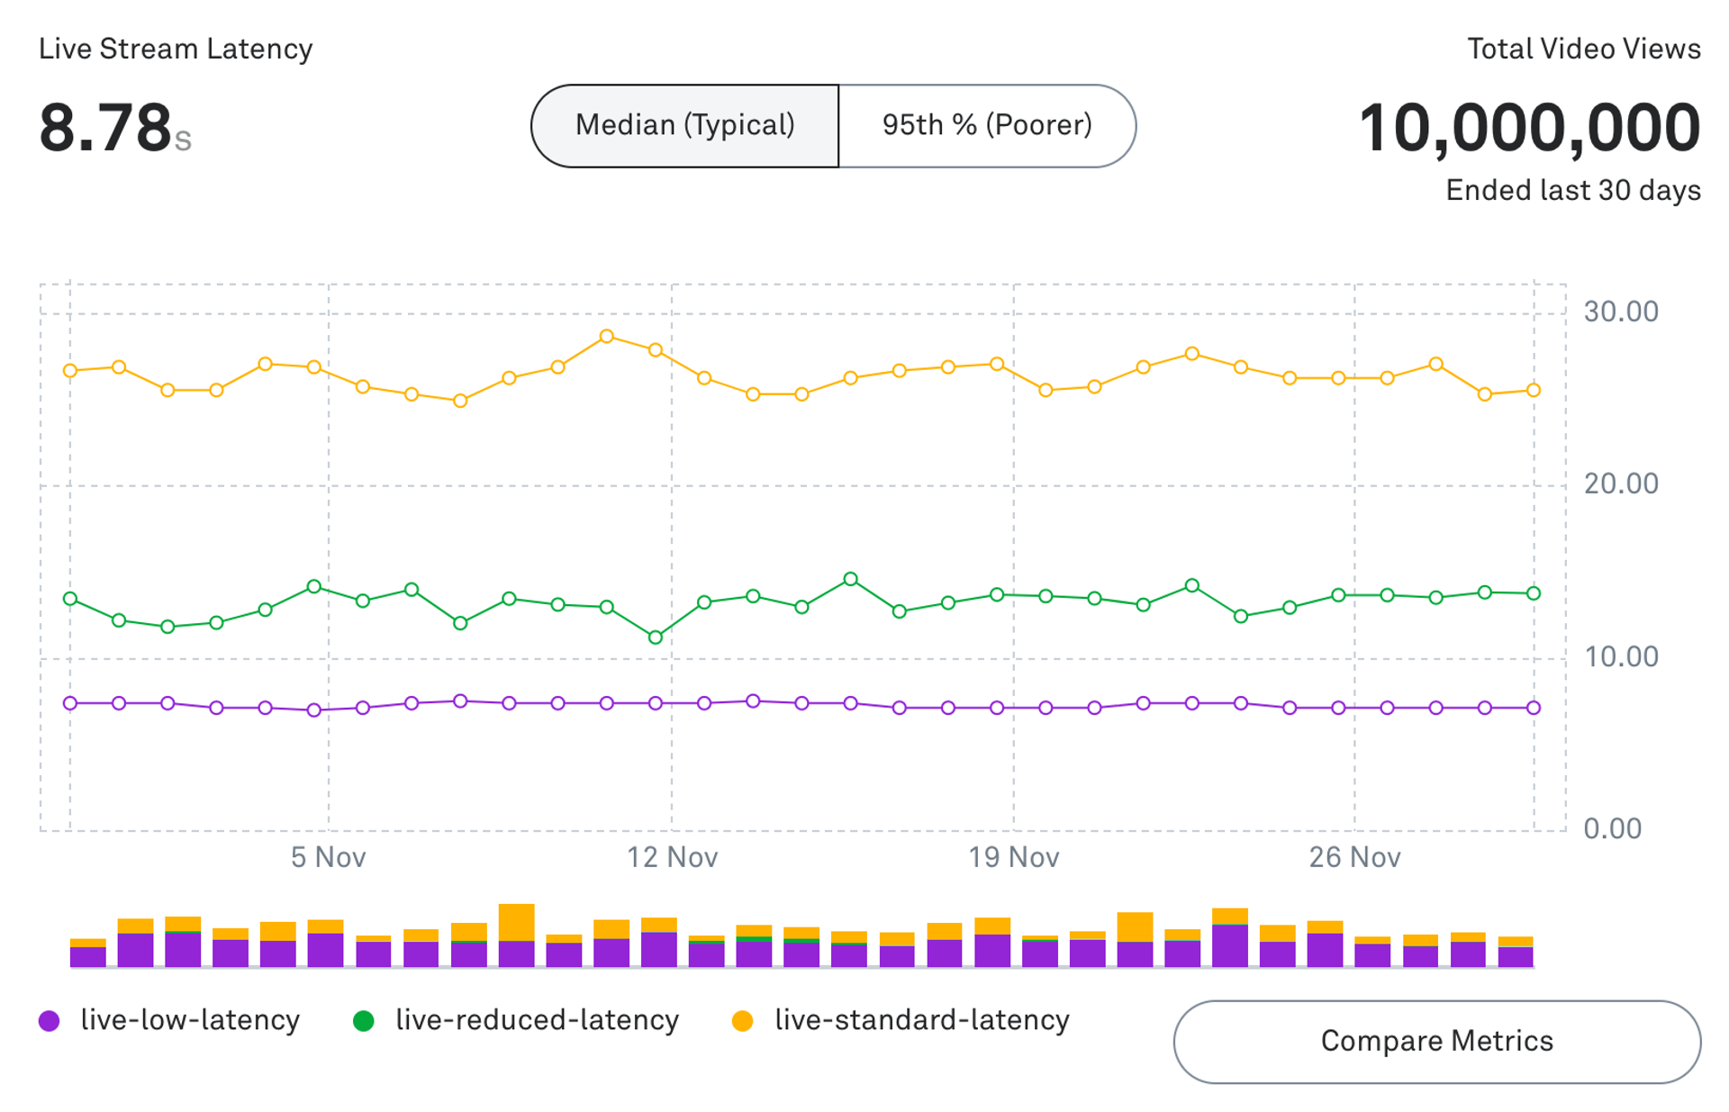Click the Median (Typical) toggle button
click(x=684, y=125)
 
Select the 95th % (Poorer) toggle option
click(x=987, y=125)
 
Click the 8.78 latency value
click(x=105, y=128)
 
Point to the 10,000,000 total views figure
click(x=1528, y=128)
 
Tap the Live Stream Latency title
click(x=176, y=49)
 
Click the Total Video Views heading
click(x=1583, y=49)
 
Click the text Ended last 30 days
click(x=1572, y=190)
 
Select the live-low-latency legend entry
click(x=171, y=1020)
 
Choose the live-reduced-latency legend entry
click(x=517, y=1020)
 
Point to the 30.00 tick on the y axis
click(x=1620, y=312)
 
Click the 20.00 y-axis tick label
click(x=1620, y=484)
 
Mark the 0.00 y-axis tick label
click(x=1612, y=828)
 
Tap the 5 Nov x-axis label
click(x=328, y=857)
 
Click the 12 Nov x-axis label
click(x=672, y=857)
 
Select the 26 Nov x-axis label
click(x=1354, y=857)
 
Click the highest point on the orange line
click(x=607, y=337)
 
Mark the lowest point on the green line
click(x=656, y=637)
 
